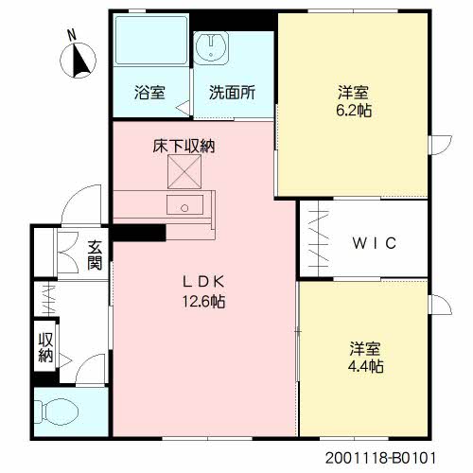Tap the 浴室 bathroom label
tap(149, 93)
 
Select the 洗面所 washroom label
tap(232, 93)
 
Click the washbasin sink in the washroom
tap(211, 46)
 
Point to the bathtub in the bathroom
tap(151, 40)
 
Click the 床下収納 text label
tap(184, 146)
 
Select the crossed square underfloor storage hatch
tap(184, 171)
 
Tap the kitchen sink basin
tap(184, 205)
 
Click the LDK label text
tap(203, 282)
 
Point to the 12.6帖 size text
tap(203, 302)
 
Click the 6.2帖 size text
tap(354, 111)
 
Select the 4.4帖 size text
tap(366, 366)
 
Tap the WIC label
tap(374, 243)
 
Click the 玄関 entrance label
tap(95, 254)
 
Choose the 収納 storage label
tap(45, 347)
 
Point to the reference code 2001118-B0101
tap(380, 458)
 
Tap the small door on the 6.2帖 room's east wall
tap(440, 145)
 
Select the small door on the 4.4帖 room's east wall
tap(440, 305)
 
